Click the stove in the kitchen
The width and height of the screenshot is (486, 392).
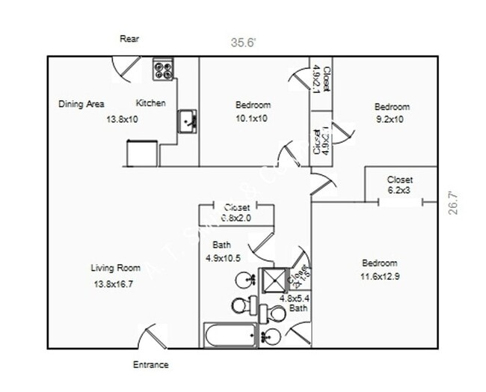[163, 70]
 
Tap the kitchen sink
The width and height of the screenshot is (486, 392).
[187, 120]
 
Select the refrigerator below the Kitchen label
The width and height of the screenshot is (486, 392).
[141, 153]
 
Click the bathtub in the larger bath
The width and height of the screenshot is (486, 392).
[231, 335]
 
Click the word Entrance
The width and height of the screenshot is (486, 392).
[150, 365]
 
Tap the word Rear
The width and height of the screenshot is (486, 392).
[129, 39]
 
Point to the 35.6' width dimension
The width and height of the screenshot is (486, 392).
[243, 43]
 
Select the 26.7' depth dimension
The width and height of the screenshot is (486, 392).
[452, 202]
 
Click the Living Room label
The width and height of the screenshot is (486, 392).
[116, 268]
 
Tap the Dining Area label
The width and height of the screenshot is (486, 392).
[81, 104]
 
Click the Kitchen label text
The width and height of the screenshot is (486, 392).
[150, 103]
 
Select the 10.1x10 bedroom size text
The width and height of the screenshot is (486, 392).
[253, 118]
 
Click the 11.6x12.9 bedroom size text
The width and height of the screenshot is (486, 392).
[380, 276]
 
